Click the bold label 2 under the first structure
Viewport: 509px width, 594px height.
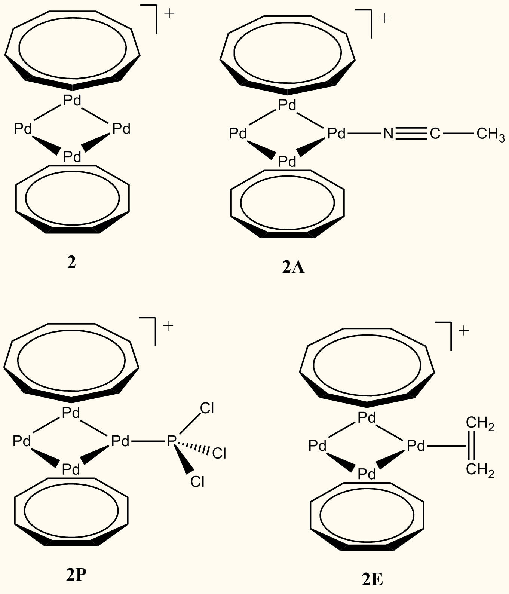[x=71, y=263]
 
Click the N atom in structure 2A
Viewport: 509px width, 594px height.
[x=388, y=134]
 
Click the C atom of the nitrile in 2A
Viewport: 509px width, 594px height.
[x=435, y=134]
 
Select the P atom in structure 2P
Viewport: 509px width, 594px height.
[x=171, y=441]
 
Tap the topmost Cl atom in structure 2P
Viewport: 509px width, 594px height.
[x=207, y=408]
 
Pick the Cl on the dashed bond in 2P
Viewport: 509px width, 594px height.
[x=219, y=453]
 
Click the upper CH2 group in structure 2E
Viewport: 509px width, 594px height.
[x=480, y=425]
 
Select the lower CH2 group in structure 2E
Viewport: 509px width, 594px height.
[x=480, y=469]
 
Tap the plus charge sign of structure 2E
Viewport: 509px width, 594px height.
[x=464, y=331]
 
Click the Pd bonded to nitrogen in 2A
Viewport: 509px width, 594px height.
[x=337, y=133]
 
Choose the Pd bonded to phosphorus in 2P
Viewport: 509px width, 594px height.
[x=120, y=441]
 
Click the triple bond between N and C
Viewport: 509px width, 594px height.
[x=411, y=134]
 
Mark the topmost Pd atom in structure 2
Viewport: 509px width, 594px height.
[x=72, y=101]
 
